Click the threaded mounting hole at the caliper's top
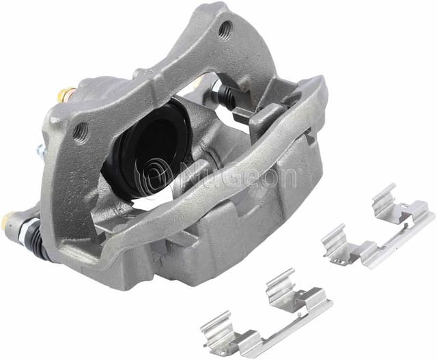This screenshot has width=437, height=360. tap(225, 30)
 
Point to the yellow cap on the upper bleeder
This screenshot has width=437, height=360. tap(66, 94)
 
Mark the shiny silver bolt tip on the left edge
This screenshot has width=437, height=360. tap(40, 151)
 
